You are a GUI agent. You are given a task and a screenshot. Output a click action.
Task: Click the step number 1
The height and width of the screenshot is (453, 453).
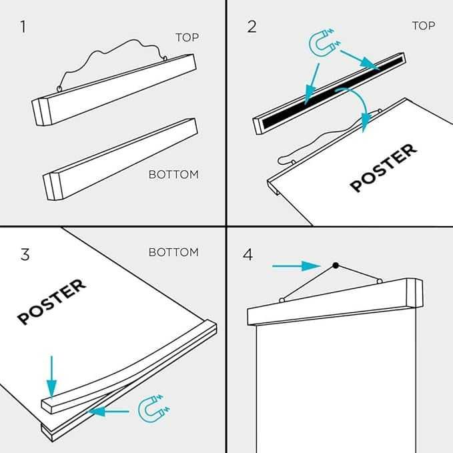click(x=23, y=27)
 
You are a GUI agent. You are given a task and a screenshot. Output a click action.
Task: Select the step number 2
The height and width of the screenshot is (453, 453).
click(x=252, y=27)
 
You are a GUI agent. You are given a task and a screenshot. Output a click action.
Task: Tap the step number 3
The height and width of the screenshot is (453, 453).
click(x=25, y=255)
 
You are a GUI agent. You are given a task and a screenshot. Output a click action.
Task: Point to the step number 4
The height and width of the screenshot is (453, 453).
click(x=248, y=255)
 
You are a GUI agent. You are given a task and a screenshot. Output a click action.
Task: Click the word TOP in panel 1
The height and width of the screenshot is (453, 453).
click(x=187, y=37)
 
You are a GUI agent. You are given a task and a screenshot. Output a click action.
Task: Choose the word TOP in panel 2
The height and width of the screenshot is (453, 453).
click(x=424, y=26)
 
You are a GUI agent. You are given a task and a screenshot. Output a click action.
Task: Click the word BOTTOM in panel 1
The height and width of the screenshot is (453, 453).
click(x=173, y=175)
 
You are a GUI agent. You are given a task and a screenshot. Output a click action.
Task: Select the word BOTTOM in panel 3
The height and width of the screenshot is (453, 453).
click(x=173, y=252)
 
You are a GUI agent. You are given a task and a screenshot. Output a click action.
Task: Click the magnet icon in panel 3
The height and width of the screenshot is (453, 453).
click(x=153, y=408)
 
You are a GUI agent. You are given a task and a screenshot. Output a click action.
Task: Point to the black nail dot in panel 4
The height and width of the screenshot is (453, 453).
click(x=336, y=266)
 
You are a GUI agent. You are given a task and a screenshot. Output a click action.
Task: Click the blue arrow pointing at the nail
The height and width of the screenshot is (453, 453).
click(x=296, y=266)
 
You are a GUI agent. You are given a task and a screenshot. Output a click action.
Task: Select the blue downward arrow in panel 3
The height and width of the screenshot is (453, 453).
click(x=52, y=377)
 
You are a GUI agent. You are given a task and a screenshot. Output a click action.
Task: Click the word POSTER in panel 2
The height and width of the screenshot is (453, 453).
click(x=384, y=167)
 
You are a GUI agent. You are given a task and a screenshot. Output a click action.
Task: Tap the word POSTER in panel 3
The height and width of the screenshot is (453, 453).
click(x=52, y=302)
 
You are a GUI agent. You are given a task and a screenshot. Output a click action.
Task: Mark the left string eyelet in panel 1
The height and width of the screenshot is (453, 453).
click(x=59, y=89)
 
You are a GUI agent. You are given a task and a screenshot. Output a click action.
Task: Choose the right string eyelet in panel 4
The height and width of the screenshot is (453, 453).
click(x=380, y=281)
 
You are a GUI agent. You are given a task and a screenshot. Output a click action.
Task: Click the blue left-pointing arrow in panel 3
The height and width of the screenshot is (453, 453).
click(x=108, y=412)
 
